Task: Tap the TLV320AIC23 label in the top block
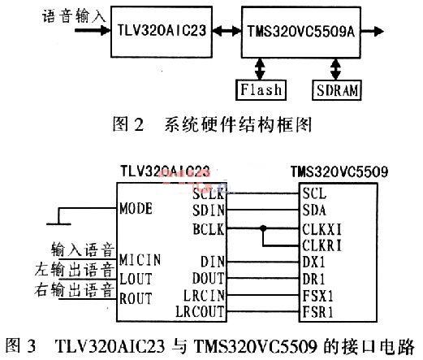pos(162,30)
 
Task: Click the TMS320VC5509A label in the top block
pos(301,31)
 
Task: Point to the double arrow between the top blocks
pos(227,31)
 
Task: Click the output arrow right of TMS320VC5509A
pos(372,31)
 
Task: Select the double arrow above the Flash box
pos(260,69)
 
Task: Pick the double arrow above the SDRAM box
pos(336,69)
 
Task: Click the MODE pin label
pos(136,208)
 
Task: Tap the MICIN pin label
pos(140,259)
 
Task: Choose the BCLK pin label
pos(209,229)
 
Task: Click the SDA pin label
pos(314,210)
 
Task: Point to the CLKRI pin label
pos(322,245)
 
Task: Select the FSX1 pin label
pos(317,296)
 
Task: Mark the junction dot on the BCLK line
pos(263,228)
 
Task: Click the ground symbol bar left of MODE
pos(58,224)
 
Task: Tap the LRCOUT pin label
pos(201,311)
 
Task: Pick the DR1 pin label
pos(313,279)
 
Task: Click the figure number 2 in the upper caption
pos(139,125)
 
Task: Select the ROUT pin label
pos(136,298)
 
